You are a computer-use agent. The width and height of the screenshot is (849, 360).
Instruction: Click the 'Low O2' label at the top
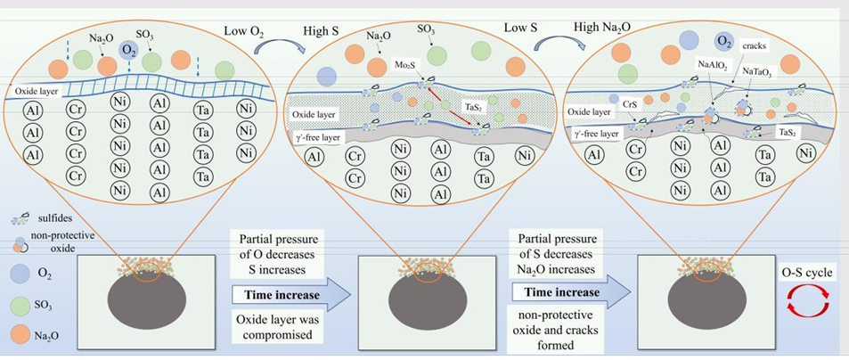point(244,30)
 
